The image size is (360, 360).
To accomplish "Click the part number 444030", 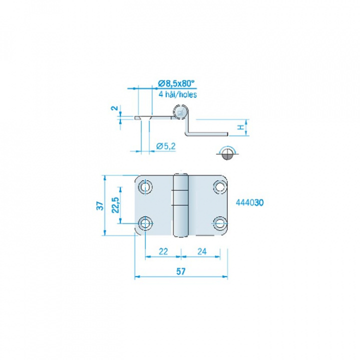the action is (250, 202).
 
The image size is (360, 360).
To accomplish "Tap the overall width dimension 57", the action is (180, 271).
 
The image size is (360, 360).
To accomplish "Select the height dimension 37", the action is (100, 205).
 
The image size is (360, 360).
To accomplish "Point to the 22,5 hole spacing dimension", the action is (116, 205).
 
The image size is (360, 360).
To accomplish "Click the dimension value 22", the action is (163, 251).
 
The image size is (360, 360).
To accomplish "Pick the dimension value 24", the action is (202, 251).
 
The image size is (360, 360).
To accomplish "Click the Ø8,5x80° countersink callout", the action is (176, 83).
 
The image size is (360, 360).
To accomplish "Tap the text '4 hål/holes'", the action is (178, 94).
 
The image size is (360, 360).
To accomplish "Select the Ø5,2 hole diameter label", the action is (166, 146).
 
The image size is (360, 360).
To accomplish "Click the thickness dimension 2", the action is (115, 108).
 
